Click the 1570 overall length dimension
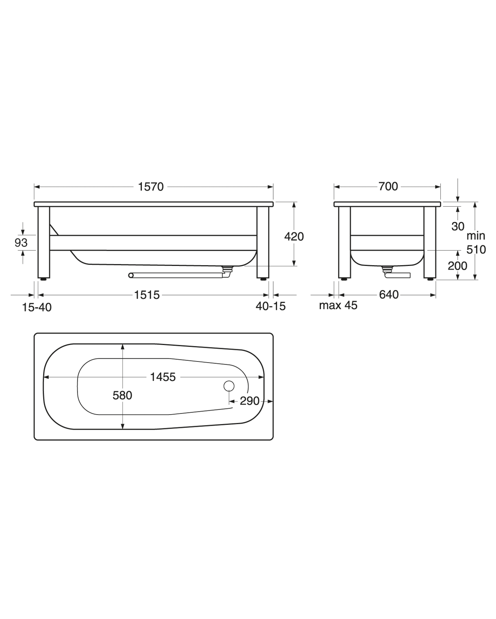(151, 187)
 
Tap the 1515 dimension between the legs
(147, 295)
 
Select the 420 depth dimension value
(294, 237)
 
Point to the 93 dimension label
(21, 243)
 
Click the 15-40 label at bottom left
(37, 308)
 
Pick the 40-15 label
(271, 306)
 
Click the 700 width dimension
(388, 187)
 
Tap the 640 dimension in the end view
(388, 295)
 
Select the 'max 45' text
(338, 305)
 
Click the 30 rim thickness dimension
(458, 227)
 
